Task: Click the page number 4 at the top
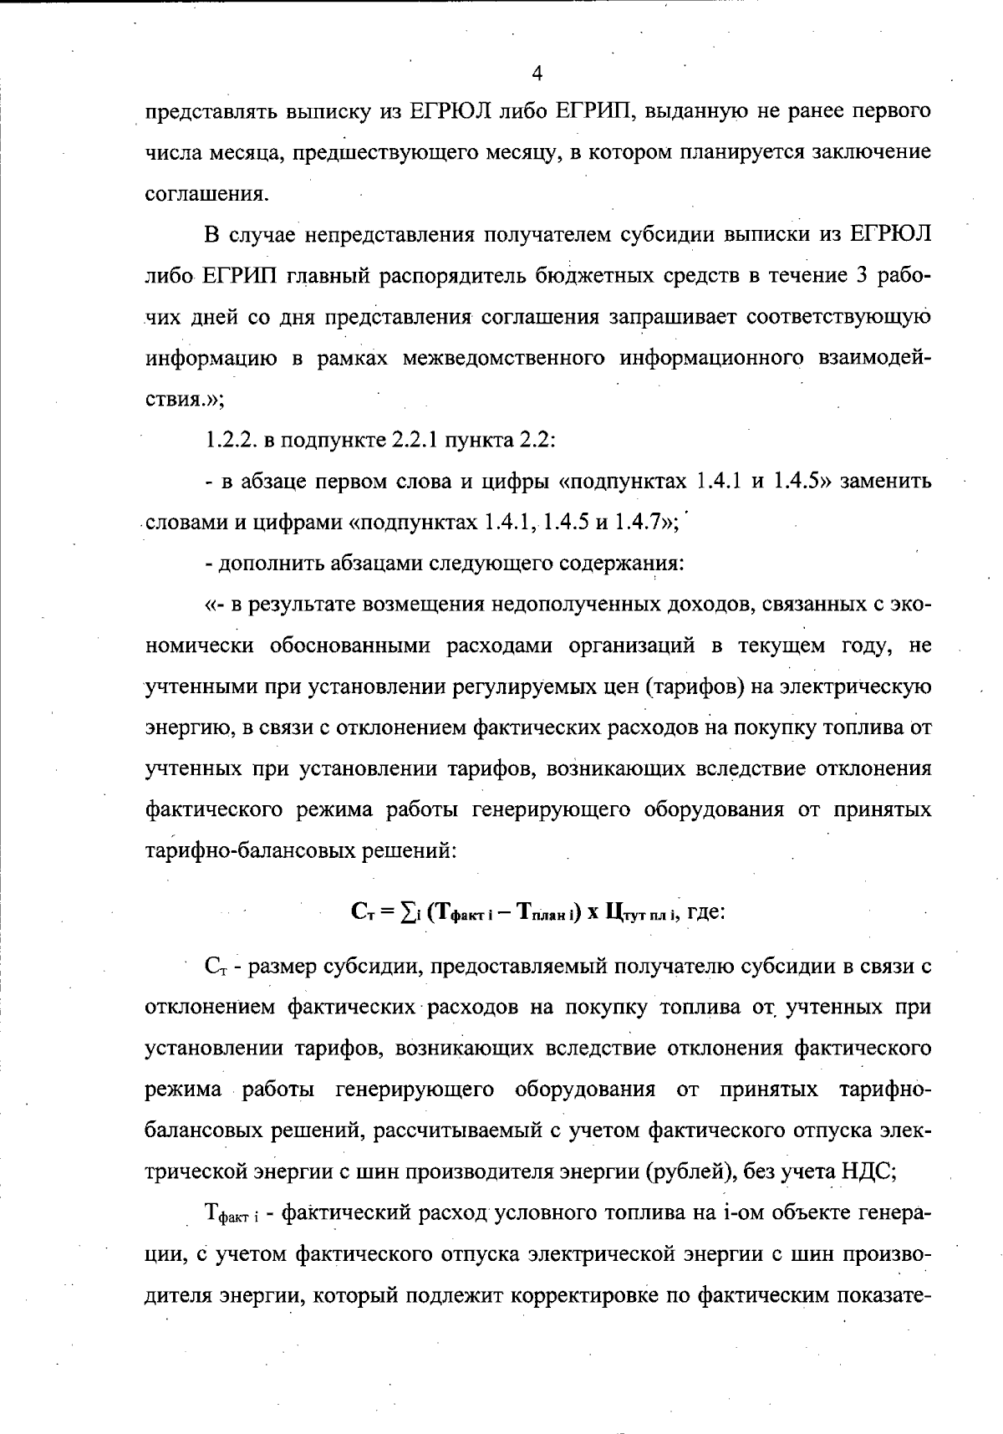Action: coord(537,74)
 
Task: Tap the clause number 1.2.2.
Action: coord(230,440)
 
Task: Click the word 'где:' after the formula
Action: coord(705,912)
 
